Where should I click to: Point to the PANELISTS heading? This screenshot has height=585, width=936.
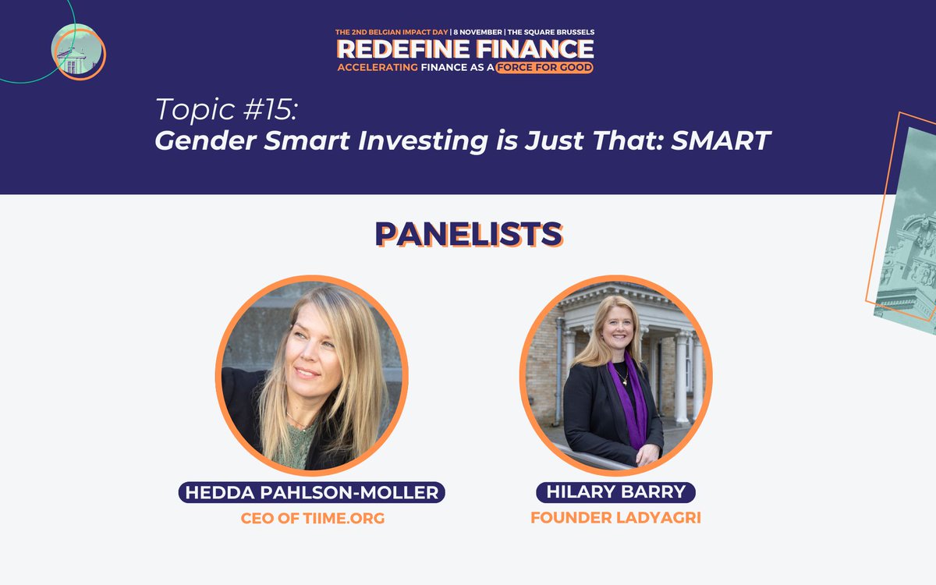468,233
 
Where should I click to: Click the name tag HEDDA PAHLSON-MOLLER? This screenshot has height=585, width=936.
312,492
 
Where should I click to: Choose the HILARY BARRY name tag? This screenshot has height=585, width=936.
615,492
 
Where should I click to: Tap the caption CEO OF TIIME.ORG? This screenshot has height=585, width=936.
312,518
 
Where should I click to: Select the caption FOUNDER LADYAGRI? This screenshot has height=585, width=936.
615,517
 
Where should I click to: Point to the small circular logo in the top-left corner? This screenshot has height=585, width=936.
77,51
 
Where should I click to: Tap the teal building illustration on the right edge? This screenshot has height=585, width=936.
909,234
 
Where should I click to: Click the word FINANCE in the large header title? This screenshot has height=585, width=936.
534,49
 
